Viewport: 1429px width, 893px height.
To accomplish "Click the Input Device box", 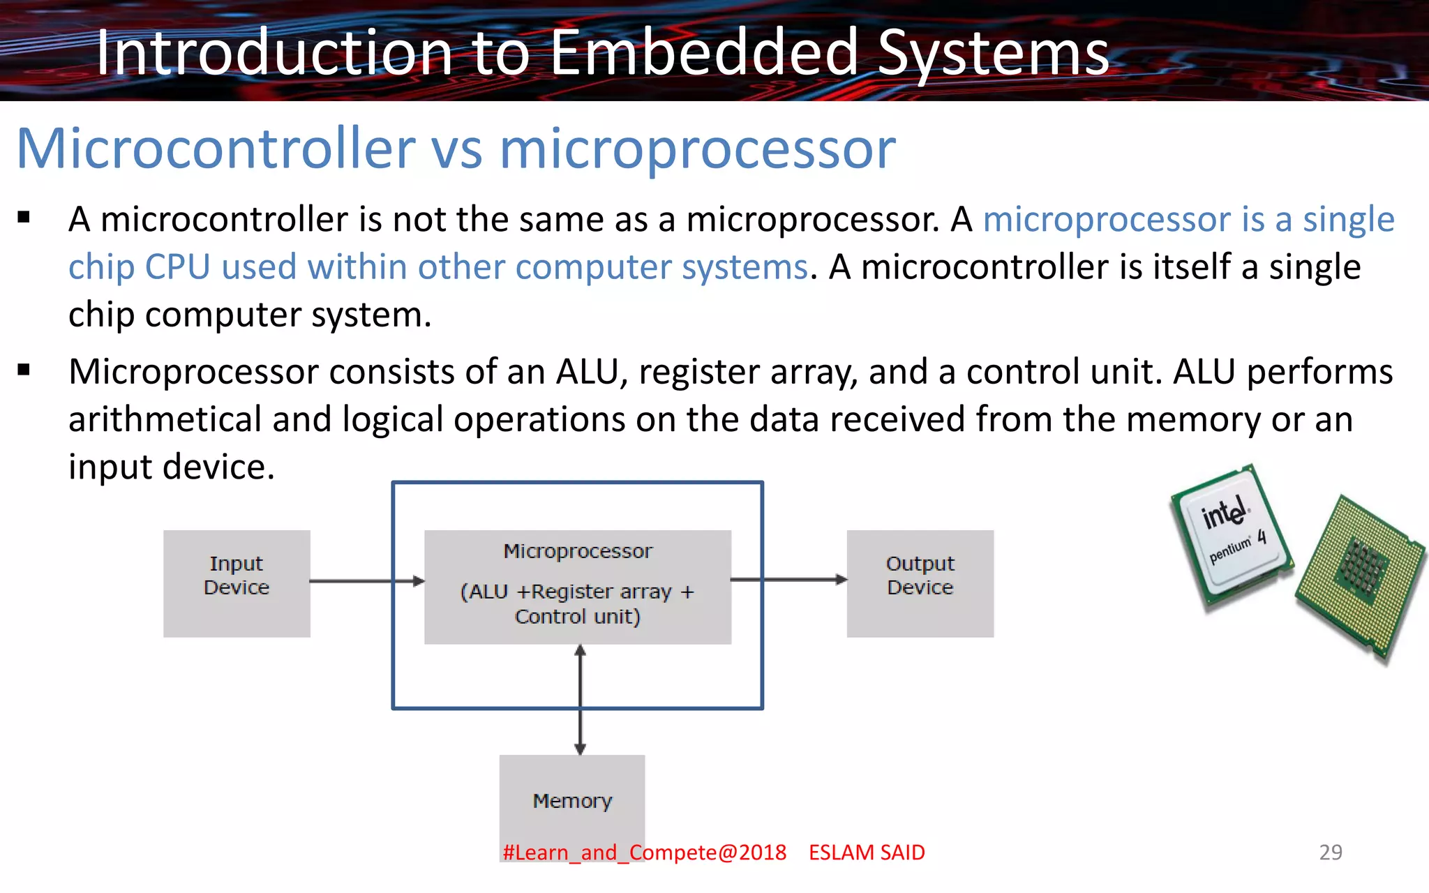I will [237, 583].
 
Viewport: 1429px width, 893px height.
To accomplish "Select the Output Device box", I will [920, 583].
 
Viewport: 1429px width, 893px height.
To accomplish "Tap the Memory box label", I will [572, 800].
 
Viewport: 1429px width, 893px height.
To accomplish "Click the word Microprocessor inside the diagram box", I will [578, 551].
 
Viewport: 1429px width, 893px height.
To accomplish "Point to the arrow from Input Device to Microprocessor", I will [366, 580].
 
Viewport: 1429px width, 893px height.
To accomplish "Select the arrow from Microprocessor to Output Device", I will [788, 579].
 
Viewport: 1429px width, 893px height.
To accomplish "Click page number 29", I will [1330, 852].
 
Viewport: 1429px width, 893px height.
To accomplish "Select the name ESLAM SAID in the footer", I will [867, 852].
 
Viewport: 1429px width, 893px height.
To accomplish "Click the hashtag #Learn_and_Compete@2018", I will [644, 852].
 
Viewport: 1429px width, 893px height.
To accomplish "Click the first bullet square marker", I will [24, 218].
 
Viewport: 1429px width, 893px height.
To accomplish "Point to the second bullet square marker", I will [24, 370].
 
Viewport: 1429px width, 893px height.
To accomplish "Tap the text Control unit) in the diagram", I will [578, 617].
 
